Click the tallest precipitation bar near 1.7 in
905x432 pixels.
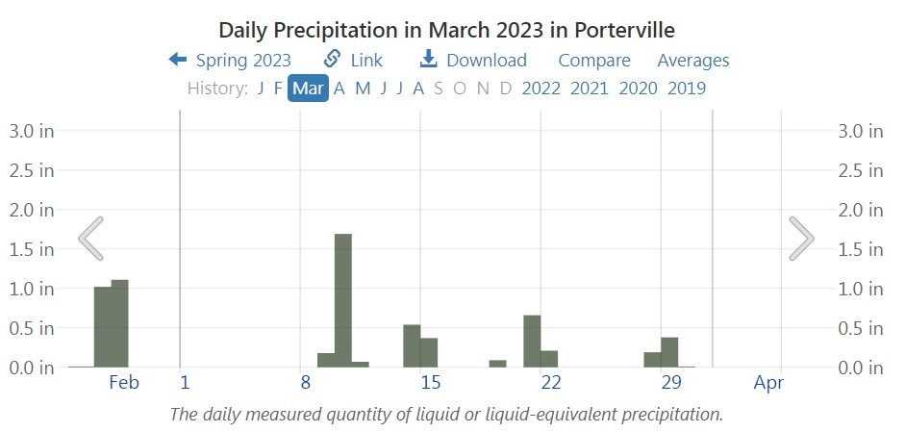[x=343, y=299]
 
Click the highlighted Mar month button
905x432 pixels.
[x=308, y=89]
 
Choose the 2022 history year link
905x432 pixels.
[x=540, y=89]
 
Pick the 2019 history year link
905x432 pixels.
[x=686, y=89]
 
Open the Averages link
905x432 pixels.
[x=692, y=61]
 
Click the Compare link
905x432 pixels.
[x=594, y=61]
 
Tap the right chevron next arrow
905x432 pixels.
[x=802, y=238]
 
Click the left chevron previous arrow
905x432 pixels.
[x=90, y=238]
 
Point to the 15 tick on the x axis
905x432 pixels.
[x=430, y=383]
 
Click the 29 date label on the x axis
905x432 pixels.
[x=671, y=383]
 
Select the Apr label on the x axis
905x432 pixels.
[x=769, y=383]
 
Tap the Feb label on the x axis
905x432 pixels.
[x=124, y=383]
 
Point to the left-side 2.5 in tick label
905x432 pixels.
[x=32, y=170]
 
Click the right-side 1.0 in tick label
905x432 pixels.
[x=862, y=289]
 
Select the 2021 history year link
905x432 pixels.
[x=589, y=89]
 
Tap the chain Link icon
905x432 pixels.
[x=333, y=60]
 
